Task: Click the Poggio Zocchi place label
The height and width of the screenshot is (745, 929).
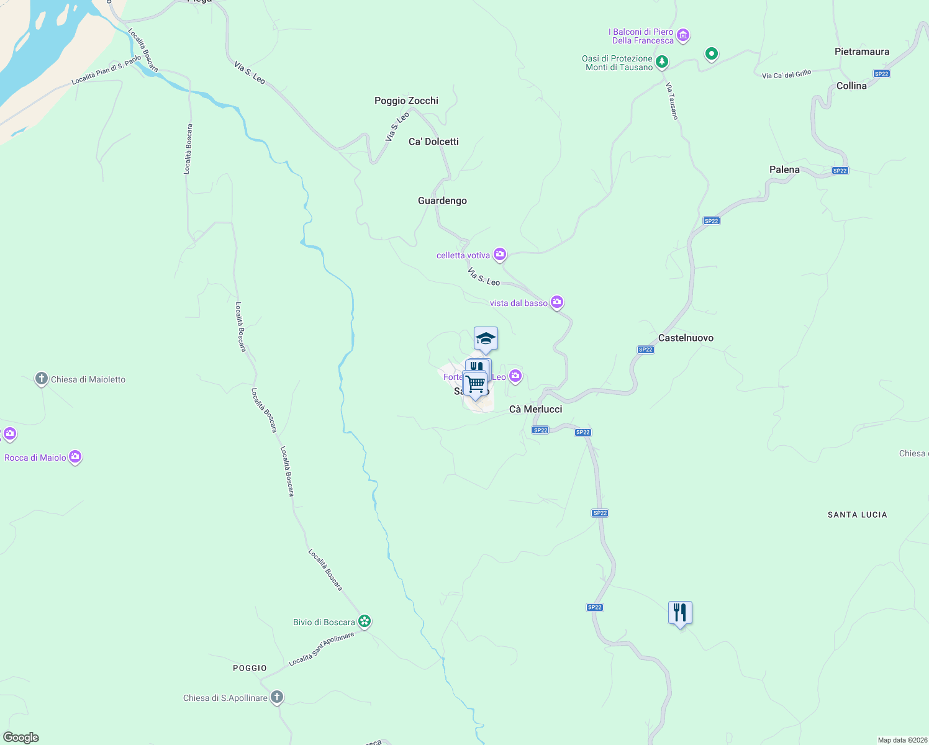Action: tap(406, 101)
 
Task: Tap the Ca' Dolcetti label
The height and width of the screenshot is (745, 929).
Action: tap(433, 142)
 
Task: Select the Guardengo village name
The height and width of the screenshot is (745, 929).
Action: tap(442, 201)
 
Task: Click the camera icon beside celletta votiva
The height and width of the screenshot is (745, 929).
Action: tap(500, 254)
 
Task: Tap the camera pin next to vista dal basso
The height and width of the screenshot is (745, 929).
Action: tap(557, 302)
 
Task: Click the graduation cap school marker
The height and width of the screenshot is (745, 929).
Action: tap(486, 339)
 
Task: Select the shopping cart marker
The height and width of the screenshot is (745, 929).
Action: tap(476, 384)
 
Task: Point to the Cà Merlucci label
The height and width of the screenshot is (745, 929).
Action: tap(535, 409)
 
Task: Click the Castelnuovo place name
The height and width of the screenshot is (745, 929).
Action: tap(686, 338)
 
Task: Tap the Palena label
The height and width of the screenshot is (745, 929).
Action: tap(784, 169)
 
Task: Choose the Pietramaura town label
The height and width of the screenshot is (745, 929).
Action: tap(862, 52)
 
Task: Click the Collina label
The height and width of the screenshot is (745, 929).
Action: tap(851, 86)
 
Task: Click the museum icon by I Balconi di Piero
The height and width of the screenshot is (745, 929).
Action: tap(683, 35)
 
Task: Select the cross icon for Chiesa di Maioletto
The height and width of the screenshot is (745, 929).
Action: tap(42, 379)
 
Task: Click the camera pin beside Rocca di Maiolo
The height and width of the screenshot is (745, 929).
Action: tap(75, 457)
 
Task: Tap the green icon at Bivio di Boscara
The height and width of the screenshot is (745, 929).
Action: tap(365, 621)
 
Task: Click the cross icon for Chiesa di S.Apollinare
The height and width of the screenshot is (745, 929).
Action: tap(277, 697)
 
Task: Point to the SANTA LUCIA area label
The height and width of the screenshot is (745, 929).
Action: tap(857, 515)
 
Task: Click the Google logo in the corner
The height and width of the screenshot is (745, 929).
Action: tap(21, 738)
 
